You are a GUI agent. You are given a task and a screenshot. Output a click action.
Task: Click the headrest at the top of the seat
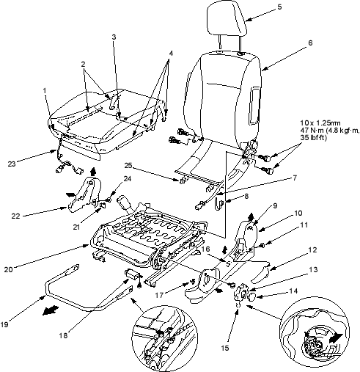(x=227, y=20)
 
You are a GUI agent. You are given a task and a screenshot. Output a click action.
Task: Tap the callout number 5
(x=279, y=7)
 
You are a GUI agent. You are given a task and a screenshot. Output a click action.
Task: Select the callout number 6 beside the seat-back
(x=310, y=43)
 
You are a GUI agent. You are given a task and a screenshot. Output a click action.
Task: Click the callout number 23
(x=12, y=164)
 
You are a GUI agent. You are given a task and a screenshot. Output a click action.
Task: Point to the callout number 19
(x=4, y=324)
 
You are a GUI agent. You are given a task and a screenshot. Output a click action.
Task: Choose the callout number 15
(x=225, y=348)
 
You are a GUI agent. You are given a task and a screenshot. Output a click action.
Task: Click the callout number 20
(x=8, y=269)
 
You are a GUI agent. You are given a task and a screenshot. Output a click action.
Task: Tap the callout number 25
(x=128, y=166)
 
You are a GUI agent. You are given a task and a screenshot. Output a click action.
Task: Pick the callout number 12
(x=312, y=249)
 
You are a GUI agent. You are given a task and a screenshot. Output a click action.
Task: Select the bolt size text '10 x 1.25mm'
(x=320, y=123)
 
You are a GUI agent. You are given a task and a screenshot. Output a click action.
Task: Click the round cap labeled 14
(x=251, y=297)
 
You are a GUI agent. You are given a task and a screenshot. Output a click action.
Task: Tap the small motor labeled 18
(x=132, y=274)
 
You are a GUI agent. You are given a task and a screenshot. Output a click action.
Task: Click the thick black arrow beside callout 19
(x=51, y=310)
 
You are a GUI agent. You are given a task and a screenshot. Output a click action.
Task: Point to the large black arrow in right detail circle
(x=336, y=338)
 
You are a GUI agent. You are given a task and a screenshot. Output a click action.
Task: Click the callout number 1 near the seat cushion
(x=45, y=91)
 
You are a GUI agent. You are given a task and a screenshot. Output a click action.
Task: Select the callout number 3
(x=114, y=37)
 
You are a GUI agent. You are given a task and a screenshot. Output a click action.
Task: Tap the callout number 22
(x=15, y=216)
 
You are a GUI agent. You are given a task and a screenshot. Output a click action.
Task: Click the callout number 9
(x=275, y=205)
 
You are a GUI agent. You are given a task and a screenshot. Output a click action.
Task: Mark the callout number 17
(x=159, y=296)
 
